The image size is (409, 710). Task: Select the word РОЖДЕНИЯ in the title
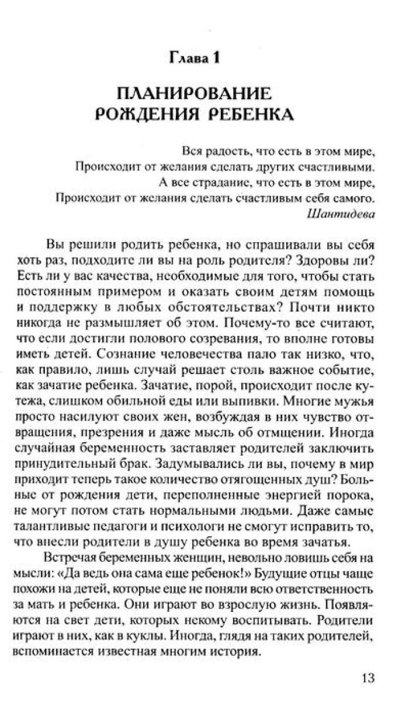[145, 114]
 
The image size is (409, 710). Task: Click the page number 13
[367, 677]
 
